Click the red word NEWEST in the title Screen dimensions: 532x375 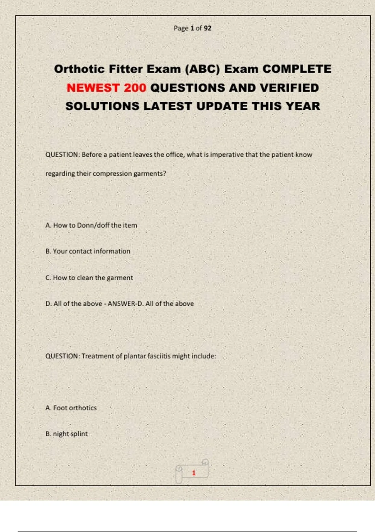(93, 88)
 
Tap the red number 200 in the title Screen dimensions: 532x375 (135, 88)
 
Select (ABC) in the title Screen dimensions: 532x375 (202, 69)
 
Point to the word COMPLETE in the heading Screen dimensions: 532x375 (297, 69)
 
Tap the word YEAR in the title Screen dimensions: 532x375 (303, 106)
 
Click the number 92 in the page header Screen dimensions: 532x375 (207, 28)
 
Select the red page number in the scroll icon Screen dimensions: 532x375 (194, 473)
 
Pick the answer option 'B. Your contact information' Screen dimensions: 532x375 (88, 251)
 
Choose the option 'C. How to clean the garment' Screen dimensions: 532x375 (89, 278)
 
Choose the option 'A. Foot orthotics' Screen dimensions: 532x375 (71, 408)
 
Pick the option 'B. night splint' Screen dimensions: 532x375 (67, 434)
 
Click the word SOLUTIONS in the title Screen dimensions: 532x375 (102, 106)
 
